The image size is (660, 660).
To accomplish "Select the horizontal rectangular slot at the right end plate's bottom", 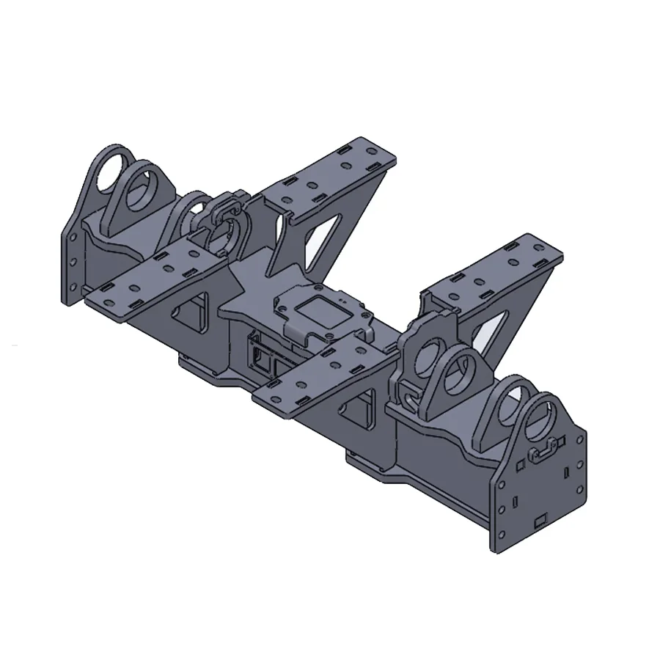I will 541,521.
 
